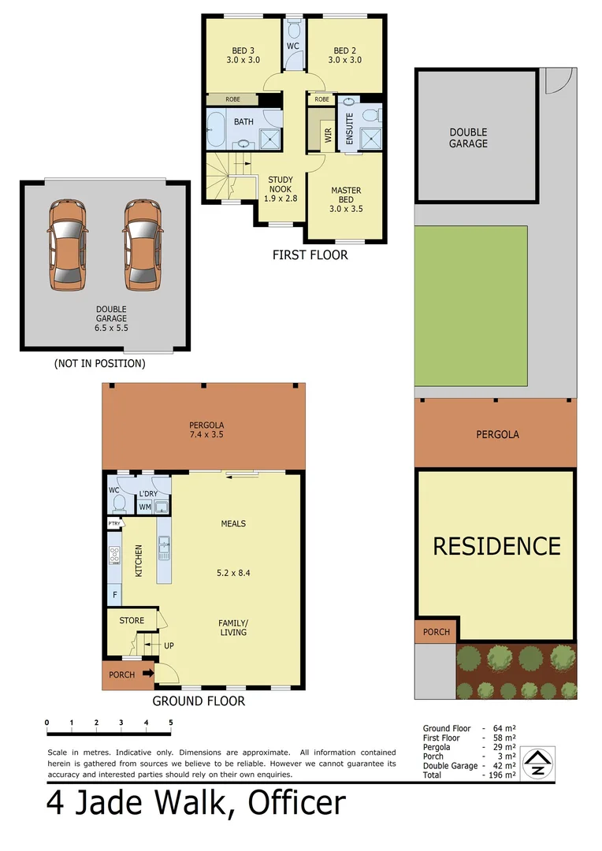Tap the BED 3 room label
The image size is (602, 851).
click(243, 54)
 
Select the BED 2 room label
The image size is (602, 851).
click(344, 54)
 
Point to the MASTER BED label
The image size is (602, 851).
click(346, 195)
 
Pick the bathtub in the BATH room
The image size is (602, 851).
click(217, 128)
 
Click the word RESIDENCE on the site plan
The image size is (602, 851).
click(496, 546)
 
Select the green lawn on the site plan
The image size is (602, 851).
click(470, 306)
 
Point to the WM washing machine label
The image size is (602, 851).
click(145, 507)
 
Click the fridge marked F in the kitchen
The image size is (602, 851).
click(115, 593)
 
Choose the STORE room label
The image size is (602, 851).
click(132, 620)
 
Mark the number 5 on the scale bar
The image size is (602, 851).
click(170, 723)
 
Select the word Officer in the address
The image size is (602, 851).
click(297, 803)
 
